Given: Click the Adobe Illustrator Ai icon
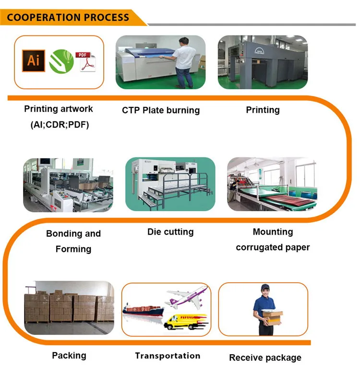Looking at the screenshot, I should [x=33, y=61].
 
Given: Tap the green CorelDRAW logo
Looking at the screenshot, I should [x=61, y=61].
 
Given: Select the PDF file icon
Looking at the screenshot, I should [x=87, y=61].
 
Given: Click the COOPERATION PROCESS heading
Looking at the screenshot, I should [x=68, y=18].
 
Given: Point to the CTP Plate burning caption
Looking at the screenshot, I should [x=160, y=110].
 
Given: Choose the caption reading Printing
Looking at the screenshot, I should [x=263, y=110].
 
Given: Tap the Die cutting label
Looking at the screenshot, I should [x=170, y=232].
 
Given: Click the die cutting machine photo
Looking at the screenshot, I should [x=170, y=184].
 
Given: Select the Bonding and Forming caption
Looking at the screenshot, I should [x=73, y=241].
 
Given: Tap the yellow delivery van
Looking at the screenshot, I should [x=185, y=321].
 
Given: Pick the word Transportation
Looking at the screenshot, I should [x=168, y=356].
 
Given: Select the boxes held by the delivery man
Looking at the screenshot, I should [x=272, y=317].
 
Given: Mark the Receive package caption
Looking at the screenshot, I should [x=265, y=358].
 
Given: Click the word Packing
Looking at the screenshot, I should [x=69, y=356].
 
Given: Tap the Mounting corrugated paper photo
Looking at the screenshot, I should [x=272, y=184].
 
